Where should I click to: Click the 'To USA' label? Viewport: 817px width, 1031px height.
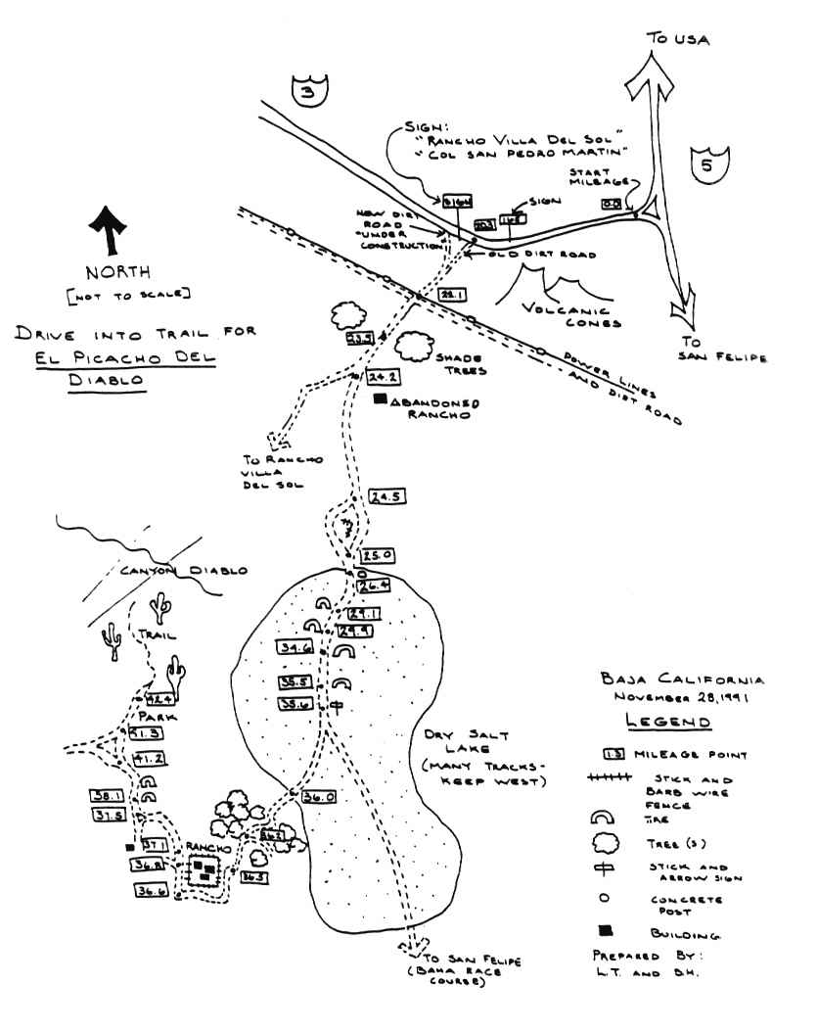tap(677, 39)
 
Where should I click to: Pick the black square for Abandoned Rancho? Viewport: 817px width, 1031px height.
tap(381, 399)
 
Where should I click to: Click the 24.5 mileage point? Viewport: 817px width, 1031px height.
tap(387, 496)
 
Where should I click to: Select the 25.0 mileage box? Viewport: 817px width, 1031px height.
tap(378, 555)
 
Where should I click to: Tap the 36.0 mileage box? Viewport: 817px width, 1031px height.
tap(320, 797)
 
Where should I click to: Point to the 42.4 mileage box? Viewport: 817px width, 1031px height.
tap(159, 699)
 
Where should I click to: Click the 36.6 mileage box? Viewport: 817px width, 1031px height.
tap(150, 890)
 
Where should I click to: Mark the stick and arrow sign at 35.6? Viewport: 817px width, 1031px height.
tap(336, 705)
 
